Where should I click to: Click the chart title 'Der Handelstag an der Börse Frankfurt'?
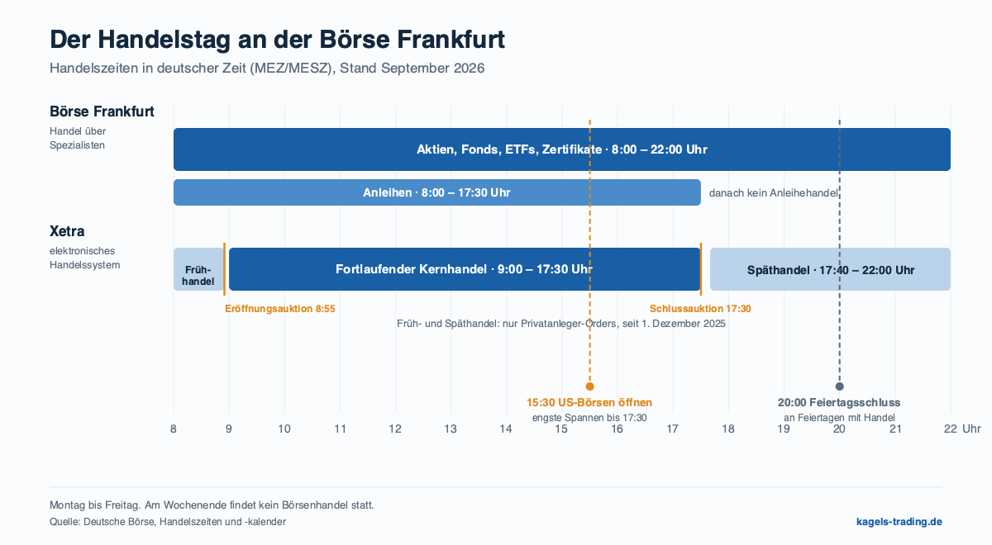click(x=277, y=40)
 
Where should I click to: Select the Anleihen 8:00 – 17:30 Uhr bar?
click(x=437, y=192)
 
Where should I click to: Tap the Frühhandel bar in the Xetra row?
click(x=198, y=269)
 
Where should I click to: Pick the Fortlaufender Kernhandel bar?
click(x=465, y=269)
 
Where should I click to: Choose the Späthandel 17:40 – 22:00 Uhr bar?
click(x=830, y=269)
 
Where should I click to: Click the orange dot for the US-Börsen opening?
click(x=589, y=386)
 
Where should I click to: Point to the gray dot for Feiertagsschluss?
click(x=839, y=386)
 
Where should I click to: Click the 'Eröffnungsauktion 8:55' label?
click(x=280, y=309)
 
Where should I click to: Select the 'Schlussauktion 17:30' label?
click(x=700, y=309)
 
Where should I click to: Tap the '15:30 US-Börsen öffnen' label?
click(x=589, y=403)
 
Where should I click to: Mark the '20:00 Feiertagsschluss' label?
click(x=839, y=403)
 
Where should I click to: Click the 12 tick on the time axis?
click(x=395, y=429)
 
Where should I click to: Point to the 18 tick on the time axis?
click(x=728, y=429)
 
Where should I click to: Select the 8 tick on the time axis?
click(x=173, y=429)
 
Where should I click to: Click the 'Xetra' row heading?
click(x=67, y=231)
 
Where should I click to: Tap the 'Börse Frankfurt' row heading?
click(x=102, y=111)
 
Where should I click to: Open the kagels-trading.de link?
click(x=899, y=522)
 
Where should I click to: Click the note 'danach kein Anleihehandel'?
click(x=774, y=193)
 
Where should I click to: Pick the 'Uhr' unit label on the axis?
click(x=971, y=429)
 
